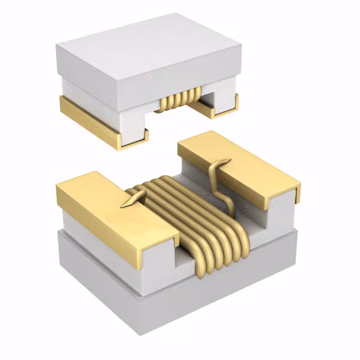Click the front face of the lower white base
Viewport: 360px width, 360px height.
click(x=129, y=304)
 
